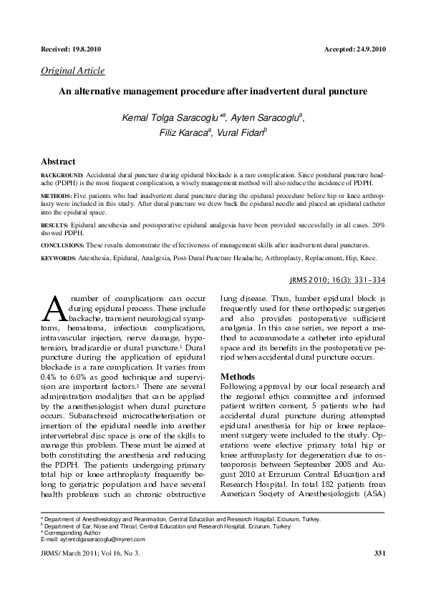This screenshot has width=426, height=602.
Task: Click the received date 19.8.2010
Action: [x=86, y=49]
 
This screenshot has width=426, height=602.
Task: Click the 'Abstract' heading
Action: [x=58, y=162]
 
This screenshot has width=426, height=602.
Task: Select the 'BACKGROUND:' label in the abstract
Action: [x=62, y=174]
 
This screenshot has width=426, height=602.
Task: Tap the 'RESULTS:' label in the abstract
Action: [x=56, y=224]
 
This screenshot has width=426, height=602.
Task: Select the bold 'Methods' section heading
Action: [x=238, y=376]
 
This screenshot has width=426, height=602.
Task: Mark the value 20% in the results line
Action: [x=378, y=224]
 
